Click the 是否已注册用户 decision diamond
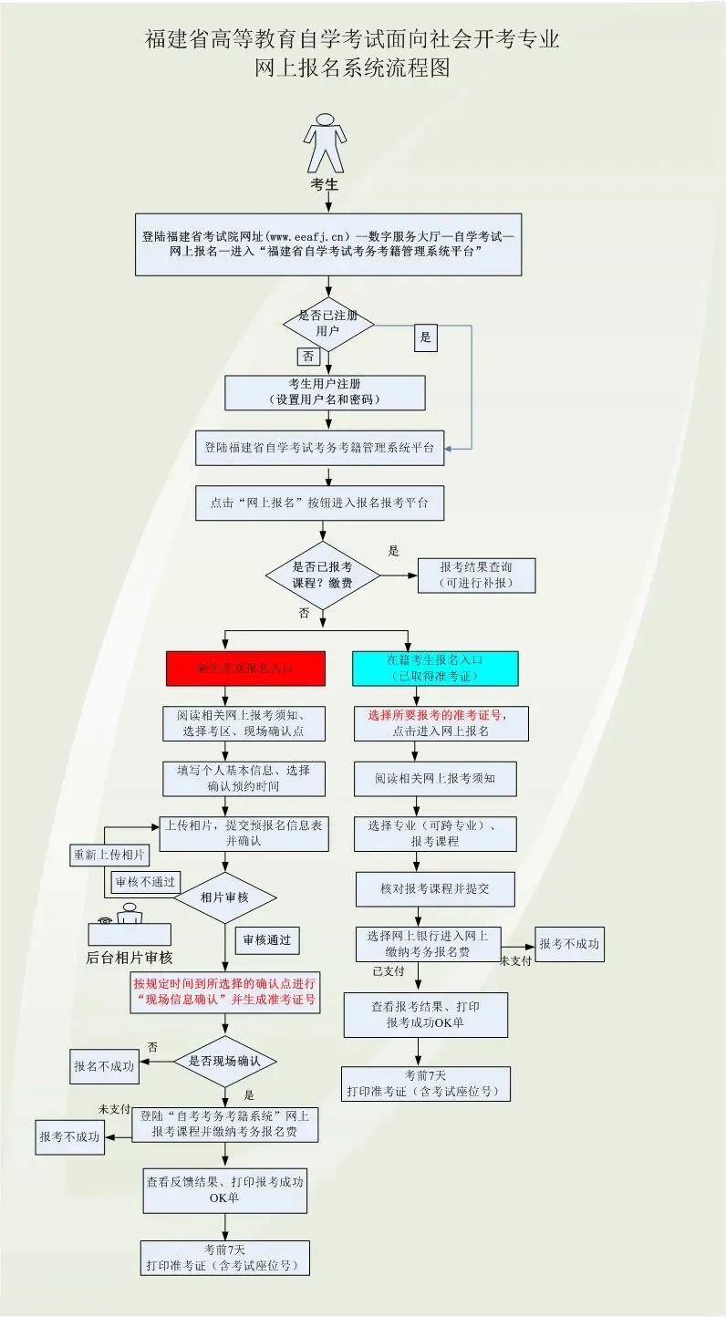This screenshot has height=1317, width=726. tap(328, 323)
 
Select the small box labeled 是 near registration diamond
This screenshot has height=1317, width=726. tap(424, 337)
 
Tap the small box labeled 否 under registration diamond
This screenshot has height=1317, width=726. tap(307, 356)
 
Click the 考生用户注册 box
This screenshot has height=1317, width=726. tap(325, 392)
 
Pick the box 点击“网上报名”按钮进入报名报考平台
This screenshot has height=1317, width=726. tap(319, 503)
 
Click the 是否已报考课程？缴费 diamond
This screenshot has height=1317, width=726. tap(322, 576)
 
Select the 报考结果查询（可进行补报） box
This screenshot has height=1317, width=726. tap(476, 576)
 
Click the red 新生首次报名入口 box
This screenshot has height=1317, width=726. tap(245, 669)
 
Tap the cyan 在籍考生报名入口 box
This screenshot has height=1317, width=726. tap(435, 669)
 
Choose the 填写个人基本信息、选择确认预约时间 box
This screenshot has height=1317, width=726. tap(244, 777)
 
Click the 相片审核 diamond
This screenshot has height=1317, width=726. tap(224, 897)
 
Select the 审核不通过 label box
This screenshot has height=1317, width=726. tap(144, 883)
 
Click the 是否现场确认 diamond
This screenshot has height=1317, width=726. tap(224, 1061)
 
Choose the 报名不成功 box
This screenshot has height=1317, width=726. tap(106, 1065)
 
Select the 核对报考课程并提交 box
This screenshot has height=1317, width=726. tap(435, 888)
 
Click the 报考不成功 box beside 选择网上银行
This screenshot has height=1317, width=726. tap(569, 944)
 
